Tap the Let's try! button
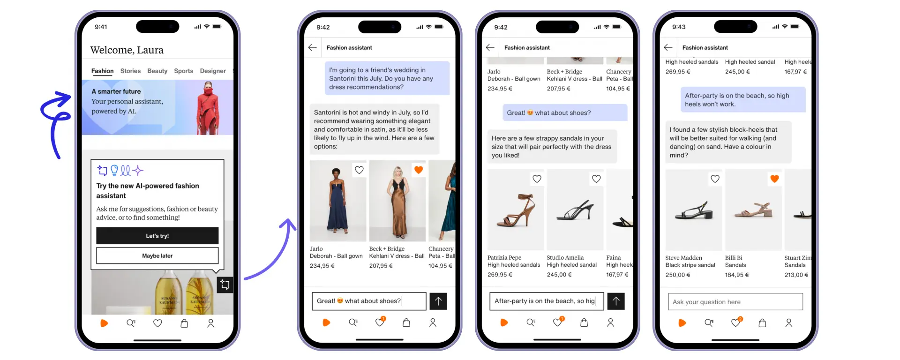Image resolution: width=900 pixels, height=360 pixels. (157, 236)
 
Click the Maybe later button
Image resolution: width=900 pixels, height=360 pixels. (157, 255)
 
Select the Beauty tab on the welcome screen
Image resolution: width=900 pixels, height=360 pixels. (157, 71)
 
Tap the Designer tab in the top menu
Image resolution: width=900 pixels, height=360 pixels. (213, 71)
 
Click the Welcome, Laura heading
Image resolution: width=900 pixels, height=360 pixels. (127, 50)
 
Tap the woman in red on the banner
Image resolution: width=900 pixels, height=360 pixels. (208, 108)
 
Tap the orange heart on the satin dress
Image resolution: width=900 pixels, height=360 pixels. (419, 170)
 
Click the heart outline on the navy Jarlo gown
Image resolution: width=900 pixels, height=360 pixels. (359, 170)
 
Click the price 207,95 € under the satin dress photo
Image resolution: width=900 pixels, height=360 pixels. (381, 266)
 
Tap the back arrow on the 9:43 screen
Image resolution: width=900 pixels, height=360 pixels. (668, 47)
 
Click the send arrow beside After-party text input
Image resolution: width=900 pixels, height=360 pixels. (616, 301)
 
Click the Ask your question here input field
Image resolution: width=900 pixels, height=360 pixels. (735, 302)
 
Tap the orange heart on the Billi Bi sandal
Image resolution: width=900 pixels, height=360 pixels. (774, 179)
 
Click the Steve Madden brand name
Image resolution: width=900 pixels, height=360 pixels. (683, 258)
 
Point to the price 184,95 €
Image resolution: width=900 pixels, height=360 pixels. (737, 275)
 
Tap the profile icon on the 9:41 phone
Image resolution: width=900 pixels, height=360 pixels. (211, 323)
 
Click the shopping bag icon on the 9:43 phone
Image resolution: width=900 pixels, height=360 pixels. (762, 323)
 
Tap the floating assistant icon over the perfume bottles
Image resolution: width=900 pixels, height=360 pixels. (225, 285)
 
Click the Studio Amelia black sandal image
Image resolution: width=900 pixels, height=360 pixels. (575, 210)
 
